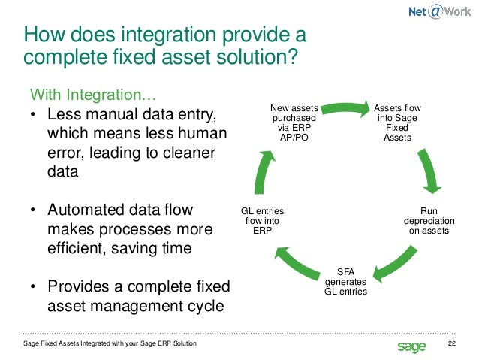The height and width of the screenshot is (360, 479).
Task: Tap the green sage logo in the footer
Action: point(411,346)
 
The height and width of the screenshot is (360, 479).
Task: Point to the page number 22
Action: point(452,345)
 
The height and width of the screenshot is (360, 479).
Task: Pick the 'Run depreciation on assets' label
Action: point(429,221)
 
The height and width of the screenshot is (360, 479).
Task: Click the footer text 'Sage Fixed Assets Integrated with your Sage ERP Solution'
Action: point(110,344)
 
